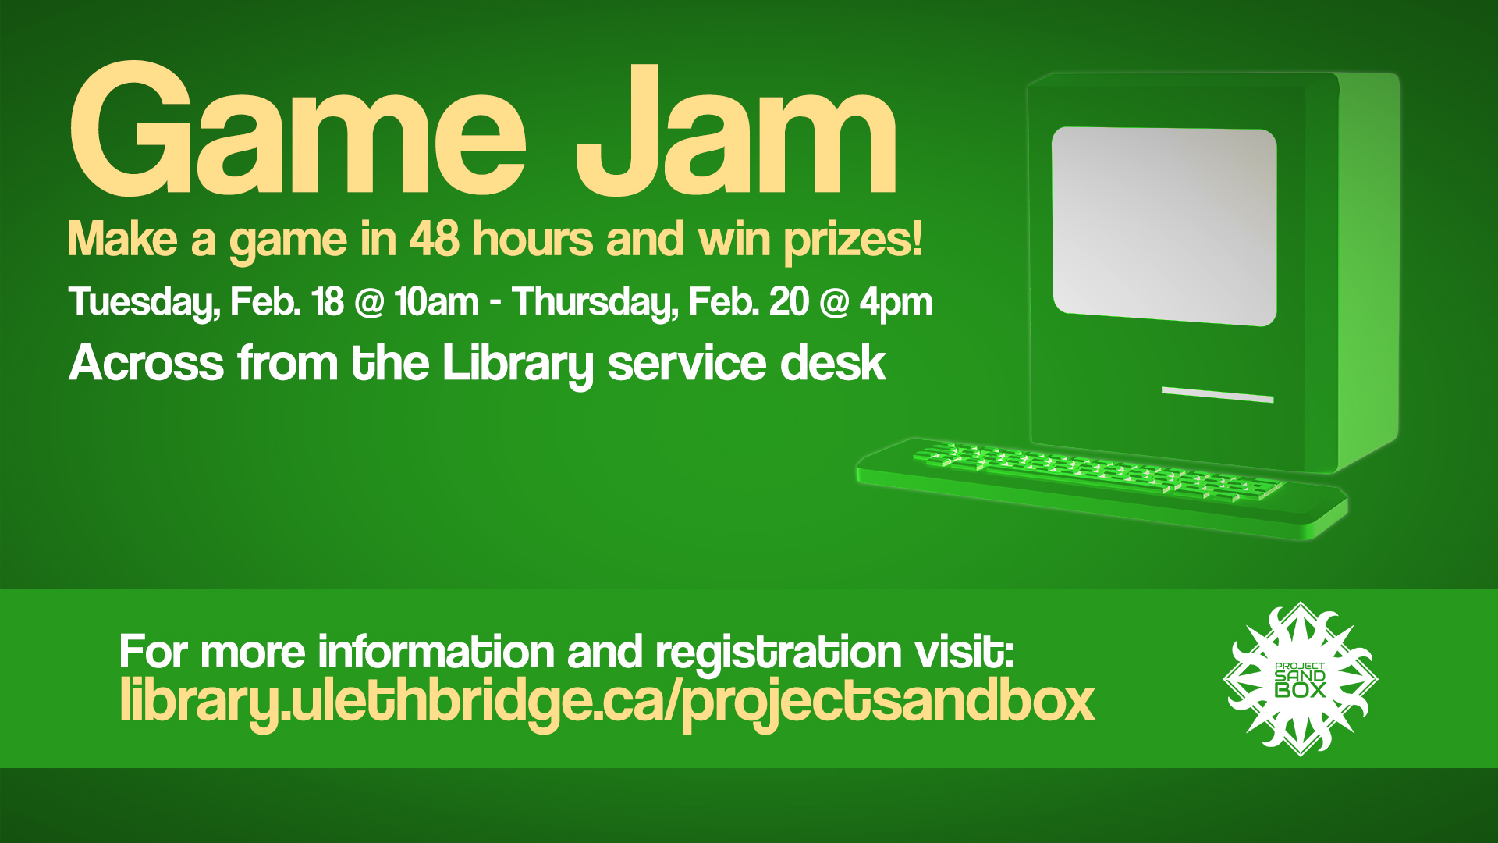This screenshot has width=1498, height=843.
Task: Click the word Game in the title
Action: pos(298,129)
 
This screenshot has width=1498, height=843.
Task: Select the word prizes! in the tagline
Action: pos(853,240)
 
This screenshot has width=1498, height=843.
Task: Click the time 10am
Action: pos(436,302)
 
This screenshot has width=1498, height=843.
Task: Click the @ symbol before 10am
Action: pos(368,304)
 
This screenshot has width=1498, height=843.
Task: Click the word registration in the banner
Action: pos(779,653)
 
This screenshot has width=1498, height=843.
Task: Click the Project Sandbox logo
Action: pos(1300,679)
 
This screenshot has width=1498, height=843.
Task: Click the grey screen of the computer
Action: pos(1164,226)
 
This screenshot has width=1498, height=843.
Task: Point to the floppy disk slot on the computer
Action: pos(1217,394)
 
